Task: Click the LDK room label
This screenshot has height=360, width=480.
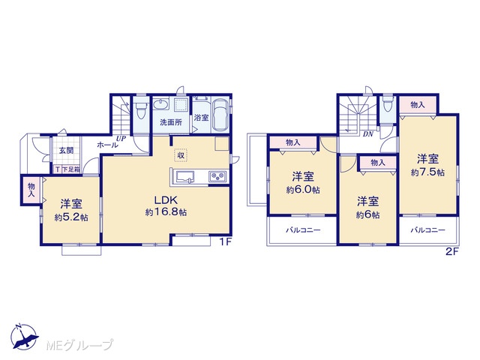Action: pyautogui.click(x=166, y=200)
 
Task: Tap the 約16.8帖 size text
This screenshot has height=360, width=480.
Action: pyautogui.click(x=166, y=212)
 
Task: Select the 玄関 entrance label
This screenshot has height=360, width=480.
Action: pyautogui.click(x=67, y=150)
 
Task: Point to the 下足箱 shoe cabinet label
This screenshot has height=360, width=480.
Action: pyautogui.click(x=71, y=169)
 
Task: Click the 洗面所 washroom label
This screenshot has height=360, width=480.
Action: pyautogui.click(x=171, y=122)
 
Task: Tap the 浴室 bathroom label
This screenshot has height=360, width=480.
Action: pyautogui.click(x=202, y=118)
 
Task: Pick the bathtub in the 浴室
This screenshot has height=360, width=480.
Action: pyautogui.click(x=220, y=115)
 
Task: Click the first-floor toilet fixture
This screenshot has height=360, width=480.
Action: pyautogui.click(x=141, y=109)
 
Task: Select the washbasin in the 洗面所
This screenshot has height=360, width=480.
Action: pyautogui.click(x=160, y=104)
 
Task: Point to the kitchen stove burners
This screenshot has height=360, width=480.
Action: pyautogui.click(x=217, y=177)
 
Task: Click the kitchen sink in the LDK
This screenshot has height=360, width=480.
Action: pyautogui.click(x=184, y=177)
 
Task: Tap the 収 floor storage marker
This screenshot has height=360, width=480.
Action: pyautogui.click(x=181, y=155)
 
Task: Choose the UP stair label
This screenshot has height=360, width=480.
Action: pyautogui.click(x=121, y=138)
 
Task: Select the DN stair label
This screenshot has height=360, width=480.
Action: pyautogui.click(x=368, y=134)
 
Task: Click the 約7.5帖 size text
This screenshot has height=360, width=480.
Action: pyautogui.click(x=427, y=172)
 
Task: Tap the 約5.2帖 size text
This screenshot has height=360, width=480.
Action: pyautogui.click(x=71, y=217)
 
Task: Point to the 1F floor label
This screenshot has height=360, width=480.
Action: pyautogui.click(x=225, y=242)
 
